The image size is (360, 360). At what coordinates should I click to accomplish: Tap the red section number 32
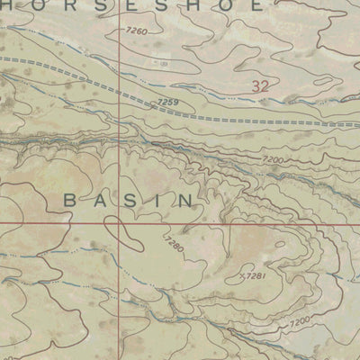[261, 86]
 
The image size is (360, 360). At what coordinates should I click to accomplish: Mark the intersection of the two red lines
[121, 222]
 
